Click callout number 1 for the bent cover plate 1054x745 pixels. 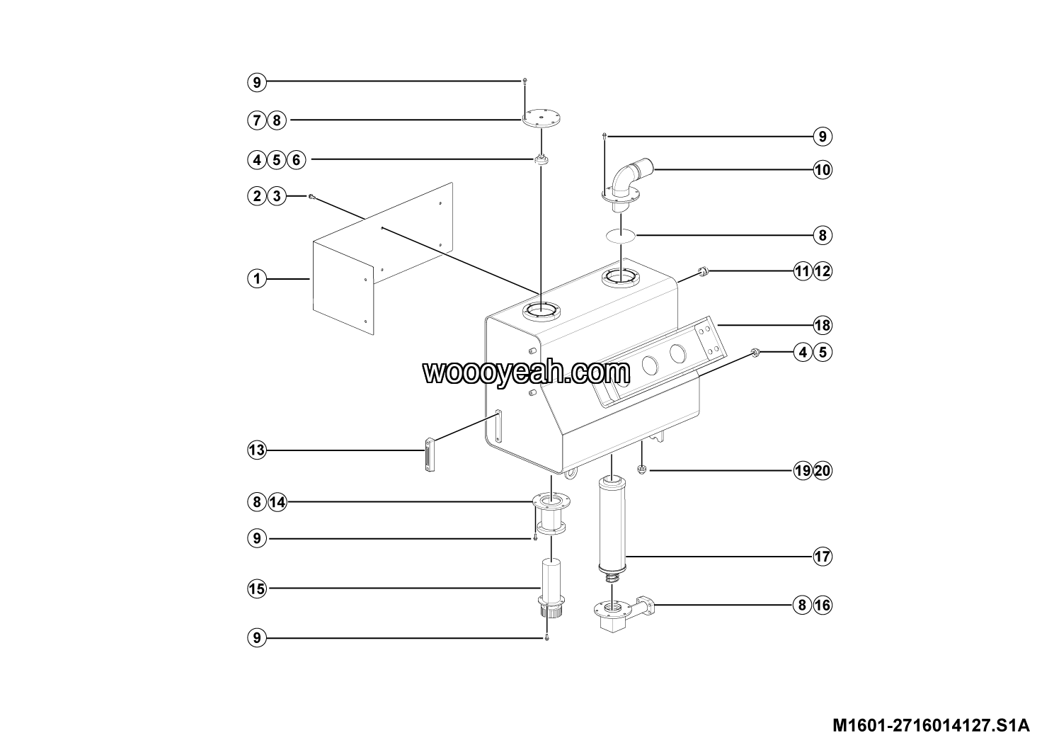(x=257, y=279)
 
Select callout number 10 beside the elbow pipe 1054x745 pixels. (x=823, y=169)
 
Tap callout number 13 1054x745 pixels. (x=257, y=450)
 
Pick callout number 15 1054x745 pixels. (x=257, y=588)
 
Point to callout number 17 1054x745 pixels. (x=823, y=557)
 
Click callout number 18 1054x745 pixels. (x=823, y=325)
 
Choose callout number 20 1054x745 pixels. (x=823, y=471)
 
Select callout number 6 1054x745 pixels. (x=296, y=160)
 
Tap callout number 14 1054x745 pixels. (x=277, y=502)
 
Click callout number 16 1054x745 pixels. (x=823, y=605)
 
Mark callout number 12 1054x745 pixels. (x=823, y=271)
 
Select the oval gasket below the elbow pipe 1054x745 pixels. (x=621, y=235)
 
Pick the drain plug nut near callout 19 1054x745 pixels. (x=641, y=470)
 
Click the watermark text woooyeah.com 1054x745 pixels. (x=526, y=373)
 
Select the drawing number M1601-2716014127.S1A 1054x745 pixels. (x=932, y=725)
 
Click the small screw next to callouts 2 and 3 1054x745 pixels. (x=311, y=197)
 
